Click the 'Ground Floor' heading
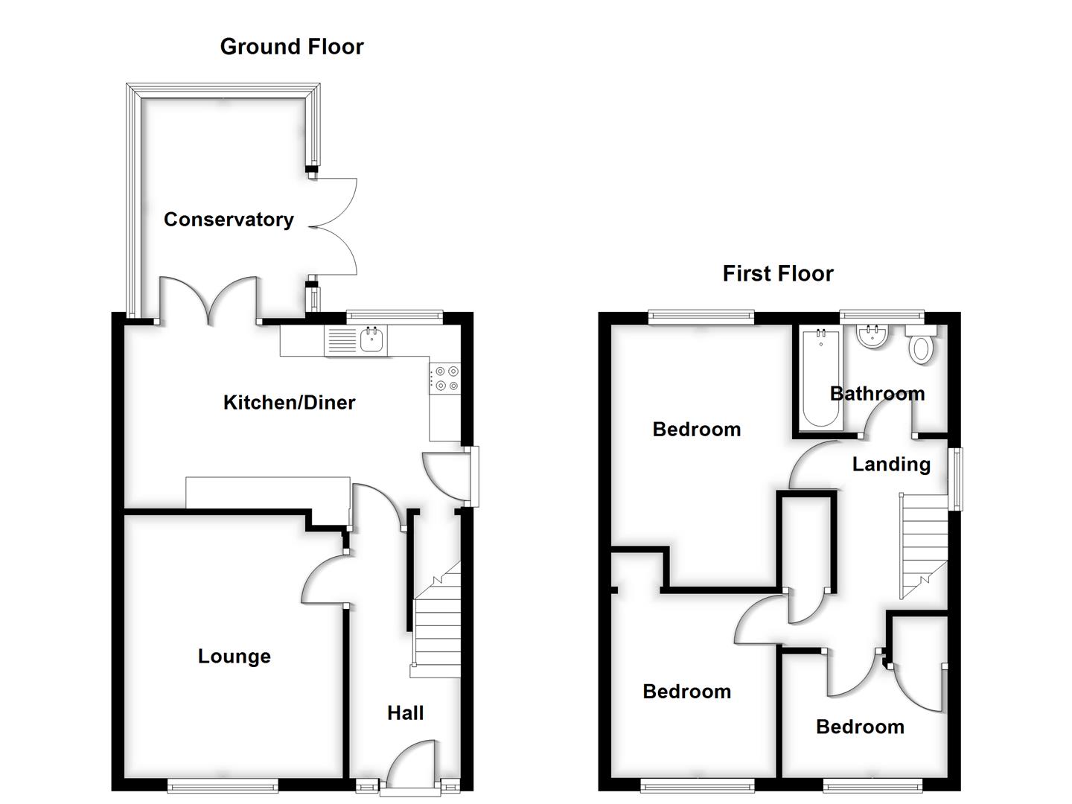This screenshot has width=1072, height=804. coord(292,47)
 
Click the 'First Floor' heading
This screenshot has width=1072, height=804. coord(778,274)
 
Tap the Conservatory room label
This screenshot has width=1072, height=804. coord(229,220)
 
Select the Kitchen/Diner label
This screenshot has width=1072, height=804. coord(290,403)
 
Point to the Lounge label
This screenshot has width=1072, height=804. coord(234,657)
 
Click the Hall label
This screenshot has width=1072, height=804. coord(406,713)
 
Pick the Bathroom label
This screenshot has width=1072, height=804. coord(877,394)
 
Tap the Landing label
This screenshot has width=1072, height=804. coord(891,465)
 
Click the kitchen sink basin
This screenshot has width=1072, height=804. coord(371,340)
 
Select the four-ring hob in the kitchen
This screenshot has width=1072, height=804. coord(445,378)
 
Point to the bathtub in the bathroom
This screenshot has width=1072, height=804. coord(820,380)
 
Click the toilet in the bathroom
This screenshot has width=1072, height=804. coord(922,346)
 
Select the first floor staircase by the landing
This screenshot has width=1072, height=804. coord(924,545)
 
